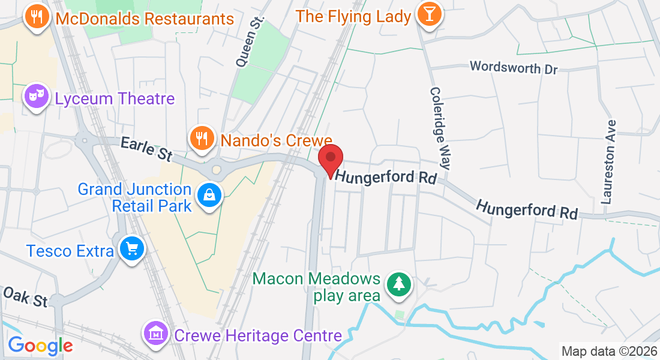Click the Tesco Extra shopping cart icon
[x=131, y=248]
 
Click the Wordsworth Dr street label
[x=514, y=67]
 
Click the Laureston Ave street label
[x=610, y=162]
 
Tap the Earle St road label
[x=146, y=148]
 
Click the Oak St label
[x=25, y=296]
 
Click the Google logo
[x=40, y=345]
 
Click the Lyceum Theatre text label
[x=115, y=98]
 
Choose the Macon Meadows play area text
[x=317, y=287]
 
